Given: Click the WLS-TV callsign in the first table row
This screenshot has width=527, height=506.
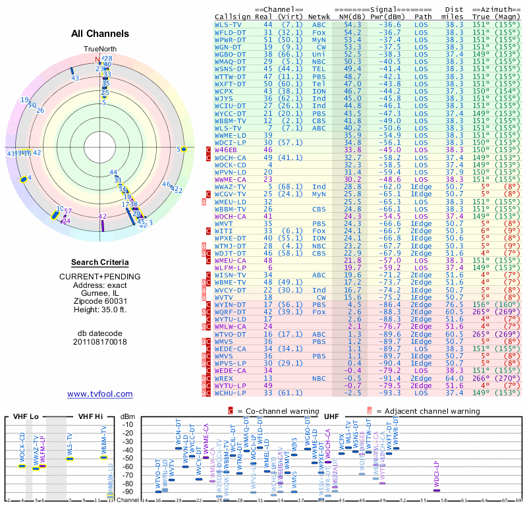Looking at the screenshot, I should [x=228, y=24].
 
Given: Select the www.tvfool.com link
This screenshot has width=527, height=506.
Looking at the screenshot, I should [x=100, y=394].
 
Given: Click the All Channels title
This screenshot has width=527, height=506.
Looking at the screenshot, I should [x=100, y=34].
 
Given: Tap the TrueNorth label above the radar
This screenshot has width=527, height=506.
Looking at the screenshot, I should [x=99, y=49].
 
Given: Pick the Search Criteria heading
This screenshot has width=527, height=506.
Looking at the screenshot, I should [x=100, y=262].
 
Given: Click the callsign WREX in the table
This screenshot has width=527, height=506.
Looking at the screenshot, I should [x=224, y=379].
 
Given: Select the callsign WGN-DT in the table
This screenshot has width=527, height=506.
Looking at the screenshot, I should [x=228, y=47].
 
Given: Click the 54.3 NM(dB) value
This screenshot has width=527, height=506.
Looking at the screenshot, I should [x=352, y=24].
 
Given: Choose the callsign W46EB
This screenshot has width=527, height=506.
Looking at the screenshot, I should [x=226, y=150].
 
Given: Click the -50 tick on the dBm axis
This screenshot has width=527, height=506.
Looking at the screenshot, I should [x=128, y=459].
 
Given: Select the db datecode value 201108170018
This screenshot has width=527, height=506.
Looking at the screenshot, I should [x=100, y=342].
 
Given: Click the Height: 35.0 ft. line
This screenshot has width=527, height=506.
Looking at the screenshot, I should [x=100, y=310].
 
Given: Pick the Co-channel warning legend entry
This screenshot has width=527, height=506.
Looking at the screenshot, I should [x=275, y=411].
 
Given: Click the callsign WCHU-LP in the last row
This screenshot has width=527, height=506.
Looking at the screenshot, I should [x=230, y=393].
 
